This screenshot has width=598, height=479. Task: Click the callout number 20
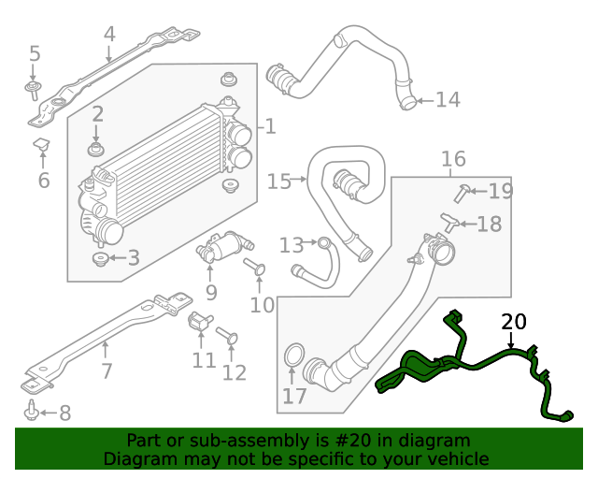coord(514,323)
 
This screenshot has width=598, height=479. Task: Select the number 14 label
coord(448,99)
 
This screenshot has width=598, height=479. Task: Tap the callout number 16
coord(453,159)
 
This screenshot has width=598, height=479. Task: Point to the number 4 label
coord(109,35)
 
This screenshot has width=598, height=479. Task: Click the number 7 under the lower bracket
coord(107,370)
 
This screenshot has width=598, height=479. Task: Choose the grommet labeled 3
coord(99,258)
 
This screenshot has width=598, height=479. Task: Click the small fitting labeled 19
coord(462,193)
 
